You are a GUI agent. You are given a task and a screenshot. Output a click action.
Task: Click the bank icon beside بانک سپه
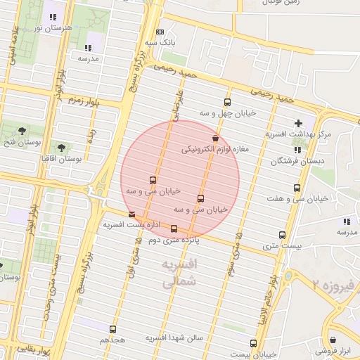[x=160, y=32]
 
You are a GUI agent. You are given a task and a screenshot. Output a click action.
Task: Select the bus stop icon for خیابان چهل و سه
[x=226, y=102]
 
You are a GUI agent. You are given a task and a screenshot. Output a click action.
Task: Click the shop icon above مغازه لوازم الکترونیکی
[x=215, y=139]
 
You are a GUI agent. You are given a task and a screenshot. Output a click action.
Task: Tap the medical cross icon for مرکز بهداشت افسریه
[x=298, y=123]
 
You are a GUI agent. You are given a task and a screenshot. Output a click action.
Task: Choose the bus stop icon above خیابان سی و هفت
[x=297, y=188]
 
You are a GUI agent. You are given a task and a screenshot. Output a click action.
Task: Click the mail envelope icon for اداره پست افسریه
[x=131, y=214]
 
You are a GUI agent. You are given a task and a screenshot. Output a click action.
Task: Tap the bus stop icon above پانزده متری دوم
[x=174, y=229]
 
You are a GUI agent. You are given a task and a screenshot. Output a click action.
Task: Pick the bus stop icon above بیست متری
[x=282, y=235]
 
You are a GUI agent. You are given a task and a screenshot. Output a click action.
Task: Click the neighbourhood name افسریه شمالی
[x=179, y=274]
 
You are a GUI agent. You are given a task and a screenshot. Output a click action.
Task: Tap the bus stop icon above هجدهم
[x=112, y=328]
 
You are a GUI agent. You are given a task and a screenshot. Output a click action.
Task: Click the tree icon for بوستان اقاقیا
[x=61, y=148]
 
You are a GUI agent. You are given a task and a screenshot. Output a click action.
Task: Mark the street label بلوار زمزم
[x=84, y=102]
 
